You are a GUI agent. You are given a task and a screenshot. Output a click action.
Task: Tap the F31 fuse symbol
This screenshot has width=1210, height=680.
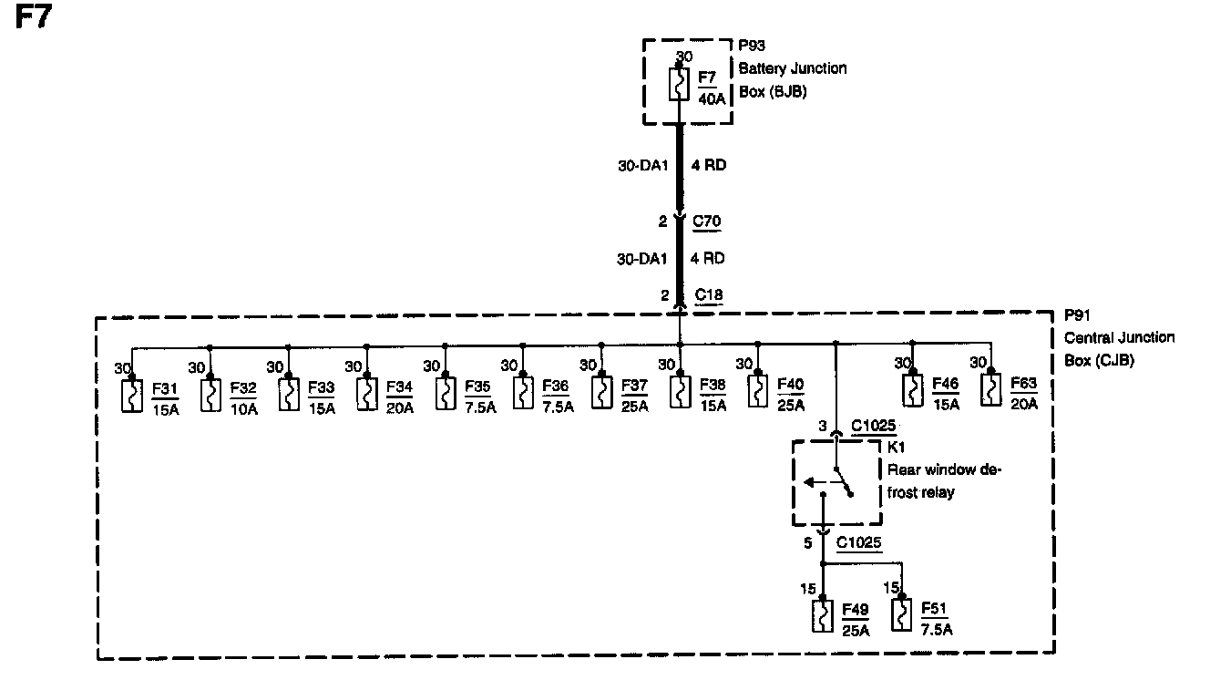tap(133, 394)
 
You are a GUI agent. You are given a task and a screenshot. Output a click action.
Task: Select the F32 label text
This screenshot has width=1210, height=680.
tap(243, 386)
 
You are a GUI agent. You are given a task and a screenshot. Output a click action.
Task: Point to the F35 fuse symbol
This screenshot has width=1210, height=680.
tap(446, 394)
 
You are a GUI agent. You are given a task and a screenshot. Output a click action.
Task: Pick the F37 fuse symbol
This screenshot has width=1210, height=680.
tap(602, 394)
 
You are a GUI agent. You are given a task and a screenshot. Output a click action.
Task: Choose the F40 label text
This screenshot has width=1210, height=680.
tap(791, 386)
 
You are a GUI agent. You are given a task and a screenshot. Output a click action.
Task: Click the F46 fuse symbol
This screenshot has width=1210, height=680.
tap(909, 388)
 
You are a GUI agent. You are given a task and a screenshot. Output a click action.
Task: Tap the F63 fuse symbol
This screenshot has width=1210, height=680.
tap(989, 388)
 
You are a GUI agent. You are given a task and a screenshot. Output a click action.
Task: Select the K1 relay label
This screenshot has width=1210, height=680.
tap(897, 448)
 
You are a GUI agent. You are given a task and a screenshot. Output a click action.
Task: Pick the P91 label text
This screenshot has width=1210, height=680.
tap(1078, 315)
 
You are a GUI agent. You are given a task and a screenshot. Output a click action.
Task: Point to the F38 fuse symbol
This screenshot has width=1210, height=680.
tap(681, 394)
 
